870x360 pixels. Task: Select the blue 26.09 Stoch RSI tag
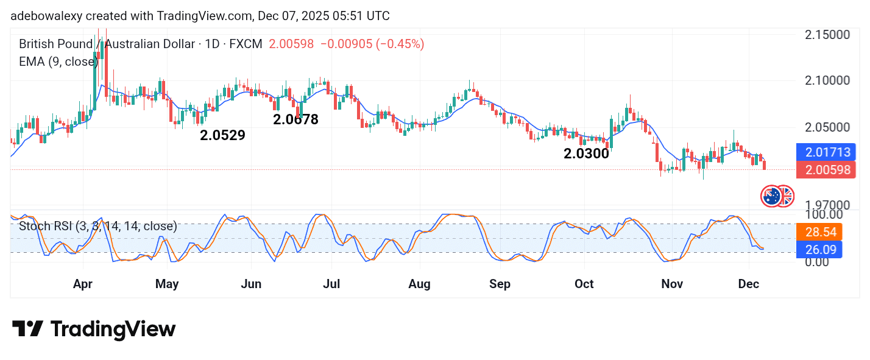coord(819,250)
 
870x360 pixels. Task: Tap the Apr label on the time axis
coord(83,284)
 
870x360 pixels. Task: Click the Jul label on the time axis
coord(331,284)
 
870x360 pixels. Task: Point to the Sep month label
coord(500,284)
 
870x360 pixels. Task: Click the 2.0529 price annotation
coord(222,135)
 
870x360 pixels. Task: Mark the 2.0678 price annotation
coord(295,119)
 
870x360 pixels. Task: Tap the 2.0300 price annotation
coord(586,154)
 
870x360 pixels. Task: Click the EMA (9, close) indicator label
coord(58,62)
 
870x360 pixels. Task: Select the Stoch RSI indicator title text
coord(98,227)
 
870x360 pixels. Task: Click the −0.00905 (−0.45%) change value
coord(372,44)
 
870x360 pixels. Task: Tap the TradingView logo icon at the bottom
coord(27,329)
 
